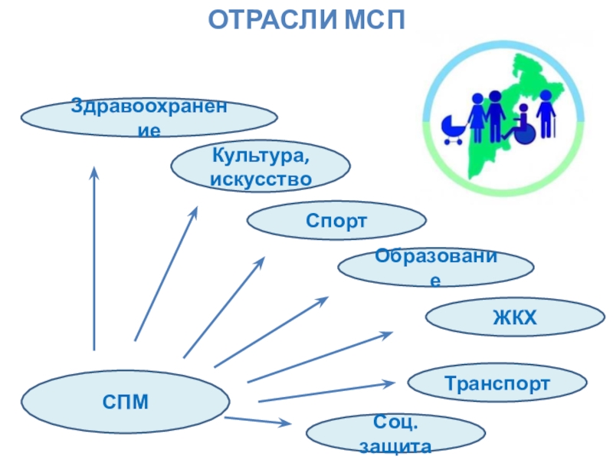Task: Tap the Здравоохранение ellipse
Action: [x=149, y=117]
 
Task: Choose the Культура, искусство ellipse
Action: [x=261, y=168]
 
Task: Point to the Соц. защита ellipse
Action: [x=395, y=435]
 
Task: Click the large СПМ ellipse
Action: [x=126, y=400]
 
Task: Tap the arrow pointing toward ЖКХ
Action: [x=319, y=356]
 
